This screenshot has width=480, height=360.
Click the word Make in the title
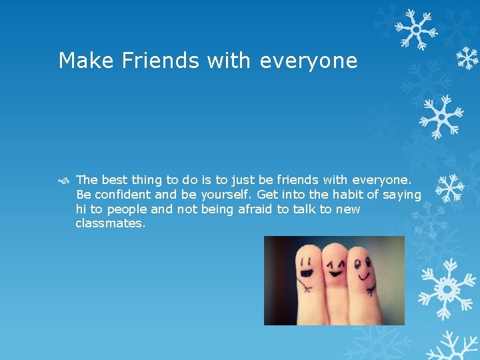click(79, 61)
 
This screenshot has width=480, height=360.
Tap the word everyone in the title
click(309, 61)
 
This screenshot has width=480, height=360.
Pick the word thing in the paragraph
click(148, 179)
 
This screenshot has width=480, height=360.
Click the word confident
click(123, 194)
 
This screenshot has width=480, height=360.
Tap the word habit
click(336, 194)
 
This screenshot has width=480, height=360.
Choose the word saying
click(402, 195)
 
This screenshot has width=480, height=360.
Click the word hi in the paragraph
click(81, 209)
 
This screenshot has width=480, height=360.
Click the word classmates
click(110, 223)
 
